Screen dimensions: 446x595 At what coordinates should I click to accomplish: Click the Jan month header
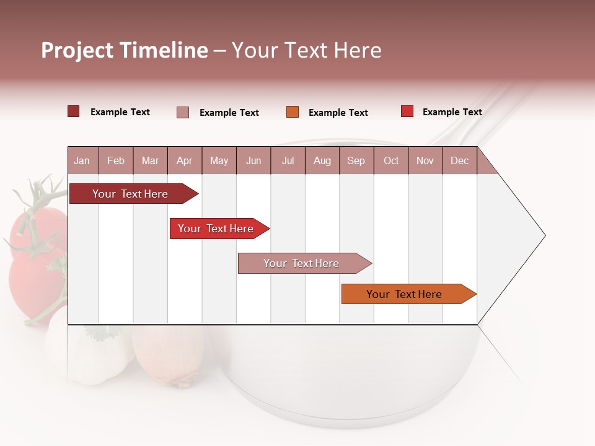point(82,160)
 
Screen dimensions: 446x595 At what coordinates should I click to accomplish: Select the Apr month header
point(184,160)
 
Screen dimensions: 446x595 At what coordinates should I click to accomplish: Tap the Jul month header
point(288,160)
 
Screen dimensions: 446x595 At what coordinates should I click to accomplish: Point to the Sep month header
point(356,160)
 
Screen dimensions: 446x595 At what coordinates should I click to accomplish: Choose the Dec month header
point(459,160)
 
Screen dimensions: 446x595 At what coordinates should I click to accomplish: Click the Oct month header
point(390,160)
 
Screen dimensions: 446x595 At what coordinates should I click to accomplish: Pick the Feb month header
point(116,160)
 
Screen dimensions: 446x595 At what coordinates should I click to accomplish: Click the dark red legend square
point(73,111)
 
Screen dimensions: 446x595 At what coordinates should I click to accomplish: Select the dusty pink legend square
point(183,112)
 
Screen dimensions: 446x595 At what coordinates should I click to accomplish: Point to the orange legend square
point(293,112)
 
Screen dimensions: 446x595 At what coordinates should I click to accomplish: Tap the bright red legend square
point(407,111)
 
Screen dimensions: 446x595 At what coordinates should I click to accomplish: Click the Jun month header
point(253,160)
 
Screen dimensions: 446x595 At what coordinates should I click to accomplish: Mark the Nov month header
point(425,160)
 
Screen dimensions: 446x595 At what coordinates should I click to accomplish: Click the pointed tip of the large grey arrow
point(544,235)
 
